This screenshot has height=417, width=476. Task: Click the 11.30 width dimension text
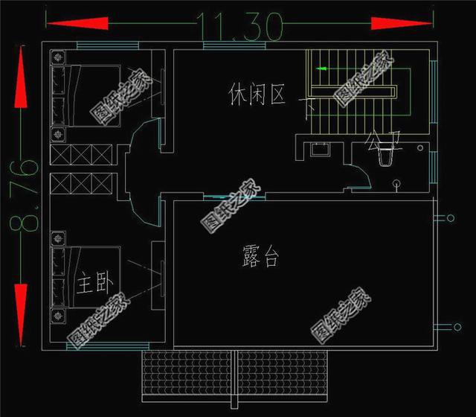240,28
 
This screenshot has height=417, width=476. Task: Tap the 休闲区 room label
257,95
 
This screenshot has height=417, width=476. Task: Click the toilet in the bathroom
387,157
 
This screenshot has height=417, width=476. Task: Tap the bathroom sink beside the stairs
321,148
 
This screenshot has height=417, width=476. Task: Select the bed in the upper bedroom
85,98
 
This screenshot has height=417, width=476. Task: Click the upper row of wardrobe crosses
82,155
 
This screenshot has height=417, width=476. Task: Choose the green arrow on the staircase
321,69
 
